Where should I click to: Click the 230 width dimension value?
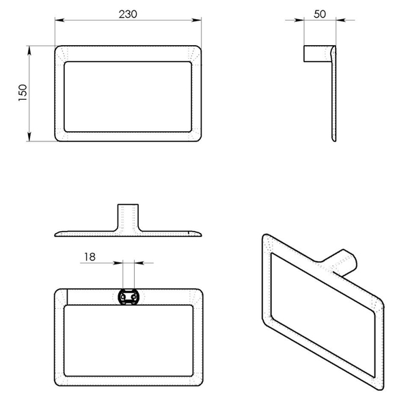[x=128, y=14]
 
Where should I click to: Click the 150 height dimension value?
[x=23, y=93]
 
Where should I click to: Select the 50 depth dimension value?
[x=320, y=14]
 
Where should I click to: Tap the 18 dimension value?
[x=90, y=257]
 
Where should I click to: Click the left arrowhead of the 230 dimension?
[x=59, y=20]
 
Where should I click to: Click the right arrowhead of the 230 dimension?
[x=197, y=20]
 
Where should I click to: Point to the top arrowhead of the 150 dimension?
[x=29, y=51]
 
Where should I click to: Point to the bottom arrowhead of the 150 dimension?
[x=29, y=137]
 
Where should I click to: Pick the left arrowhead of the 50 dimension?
[x=299, y=20]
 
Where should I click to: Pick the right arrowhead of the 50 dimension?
[x=341, y=20]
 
